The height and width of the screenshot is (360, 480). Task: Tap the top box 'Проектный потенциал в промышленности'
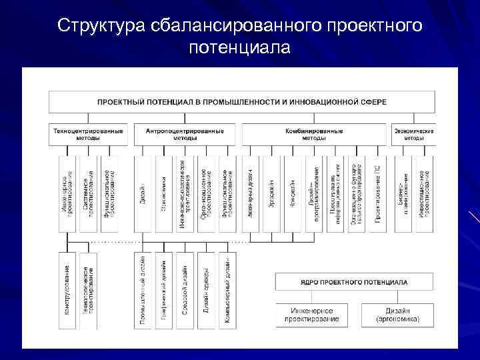point(241,102)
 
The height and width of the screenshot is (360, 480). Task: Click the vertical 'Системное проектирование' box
point(88,193)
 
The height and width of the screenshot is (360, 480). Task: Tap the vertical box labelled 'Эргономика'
point(164,193)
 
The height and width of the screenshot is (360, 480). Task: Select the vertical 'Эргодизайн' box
point(272,193)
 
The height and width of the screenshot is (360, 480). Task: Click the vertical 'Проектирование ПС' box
point(377,193)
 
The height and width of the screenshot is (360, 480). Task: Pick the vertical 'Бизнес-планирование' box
point(404,193)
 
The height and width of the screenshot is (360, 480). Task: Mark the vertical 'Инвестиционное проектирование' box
point(423,193)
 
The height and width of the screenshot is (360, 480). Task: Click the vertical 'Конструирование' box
point(68,290)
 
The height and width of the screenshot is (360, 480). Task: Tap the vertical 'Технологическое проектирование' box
point(88,290)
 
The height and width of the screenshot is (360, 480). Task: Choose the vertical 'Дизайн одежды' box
point(206,290)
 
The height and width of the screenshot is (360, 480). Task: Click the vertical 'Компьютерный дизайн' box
point(227,290)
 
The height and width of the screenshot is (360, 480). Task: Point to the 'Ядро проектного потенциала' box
point(355,281)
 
